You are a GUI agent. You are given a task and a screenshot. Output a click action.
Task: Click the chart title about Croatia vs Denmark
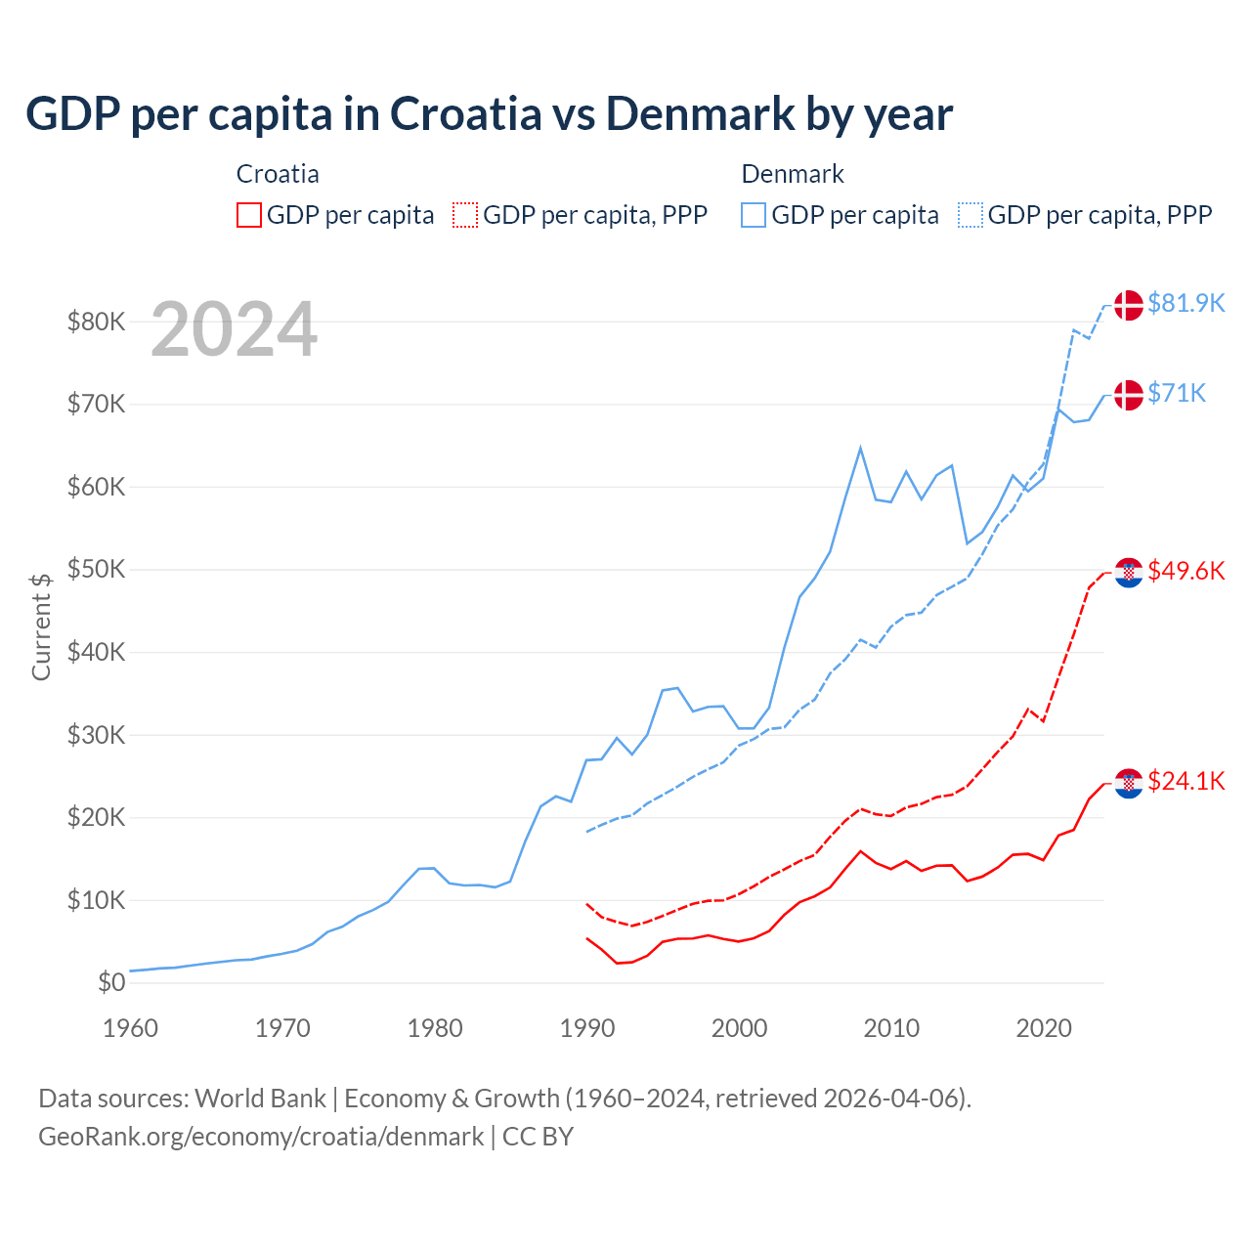pos(489,113)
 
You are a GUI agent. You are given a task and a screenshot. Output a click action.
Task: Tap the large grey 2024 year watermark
pos(234,329)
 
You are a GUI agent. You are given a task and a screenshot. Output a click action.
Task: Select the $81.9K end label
pos(1186,303)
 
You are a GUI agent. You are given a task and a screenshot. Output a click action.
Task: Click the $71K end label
pos(1177,393)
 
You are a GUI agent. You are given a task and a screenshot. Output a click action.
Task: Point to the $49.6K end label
pos(1186,571)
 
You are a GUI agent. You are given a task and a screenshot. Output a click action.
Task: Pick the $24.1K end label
pos(1186,781)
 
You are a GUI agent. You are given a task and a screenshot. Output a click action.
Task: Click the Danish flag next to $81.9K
pos(1129,305)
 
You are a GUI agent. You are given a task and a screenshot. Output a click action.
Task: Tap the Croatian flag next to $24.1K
pos(1129,783)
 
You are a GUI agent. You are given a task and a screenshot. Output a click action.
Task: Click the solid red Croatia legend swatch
pos(249,215)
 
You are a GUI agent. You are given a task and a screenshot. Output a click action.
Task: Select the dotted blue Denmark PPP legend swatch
pos(971,215)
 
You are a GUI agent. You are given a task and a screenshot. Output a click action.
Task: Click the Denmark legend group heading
pos(793,174)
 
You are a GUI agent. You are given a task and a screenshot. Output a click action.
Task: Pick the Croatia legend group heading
pos(278,174)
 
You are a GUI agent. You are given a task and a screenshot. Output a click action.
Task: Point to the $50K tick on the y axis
pos(96,569)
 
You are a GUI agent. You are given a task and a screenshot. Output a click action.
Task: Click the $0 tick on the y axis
pos(111,982)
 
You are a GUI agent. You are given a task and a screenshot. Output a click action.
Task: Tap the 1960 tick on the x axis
pos(130,1028)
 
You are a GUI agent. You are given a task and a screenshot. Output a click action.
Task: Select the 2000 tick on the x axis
pos(739,1028)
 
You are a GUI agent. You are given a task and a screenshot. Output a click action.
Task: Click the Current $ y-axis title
pos(41,626)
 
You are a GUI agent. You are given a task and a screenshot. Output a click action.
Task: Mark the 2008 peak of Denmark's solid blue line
pos(860,449)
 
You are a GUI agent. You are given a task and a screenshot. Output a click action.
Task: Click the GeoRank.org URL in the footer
pos(261,1137)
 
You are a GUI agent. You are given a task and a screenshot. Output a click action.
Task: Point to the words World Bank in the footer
pos(260,1099)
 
